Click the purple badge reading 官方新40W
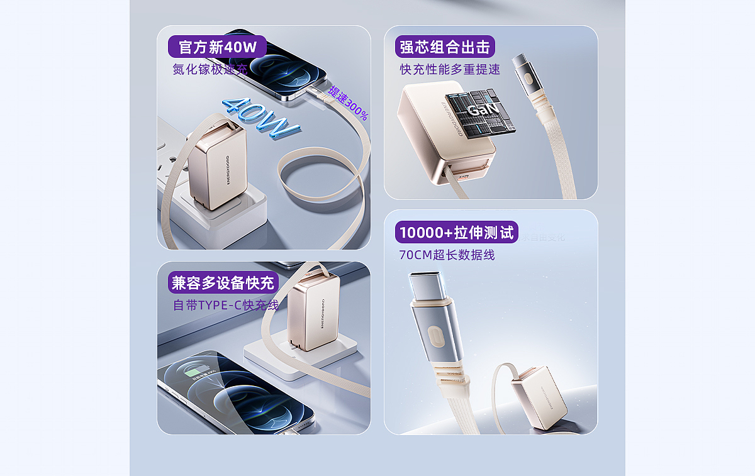coord(217,47)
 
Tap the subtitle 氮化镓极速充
coord(211,69)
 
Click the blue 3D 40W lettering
coord(260,117)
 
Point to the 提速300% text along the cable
coord(348,104)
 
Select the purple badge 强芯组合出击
coord(445,47)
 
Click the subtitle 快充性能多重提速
coord(450,69)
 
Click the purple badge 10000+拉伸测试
coord(456,232)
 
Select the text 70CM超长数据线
coord(447,255)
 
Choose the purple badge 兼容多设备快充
coord(223,282)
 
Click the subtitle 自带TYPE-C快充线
coord(226,305)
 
